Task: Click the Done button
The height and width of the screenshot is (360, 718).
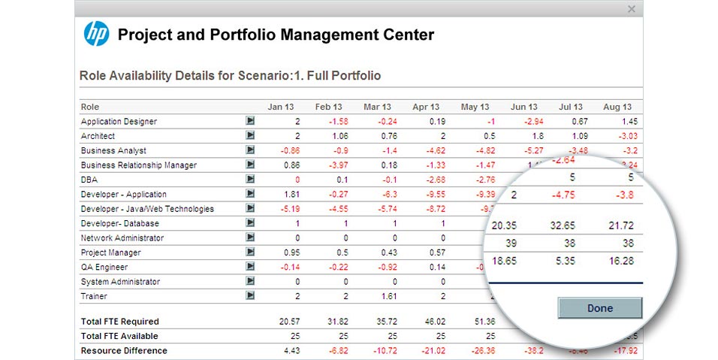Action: click(599, 308)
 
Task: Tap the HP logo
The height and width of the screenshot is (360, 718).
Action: click(96, 34)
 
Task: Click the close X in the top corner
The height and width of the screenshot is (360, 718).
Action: click(631, 9)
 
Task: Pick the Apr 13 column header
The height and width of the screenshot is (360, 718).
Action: click(426, 107)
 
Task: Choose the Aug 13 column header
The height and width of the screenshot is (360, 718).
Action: click(617, 107)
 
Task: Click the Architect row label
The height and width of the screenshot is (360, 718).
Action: click(98, 136)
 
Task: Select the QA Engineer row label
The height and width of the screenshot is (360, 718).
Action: click(104, 267)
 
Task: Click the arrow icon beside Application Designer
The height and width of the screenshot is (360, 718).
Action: click(250, 121)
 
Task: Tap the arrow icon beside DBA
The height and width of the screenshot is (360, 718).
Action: click(250, 180)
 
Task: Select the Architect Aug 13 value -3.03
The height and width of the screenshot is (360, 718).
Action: click(628, 136)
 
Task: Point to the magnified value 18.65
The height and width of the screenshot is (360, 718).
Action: click(505, 260)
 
